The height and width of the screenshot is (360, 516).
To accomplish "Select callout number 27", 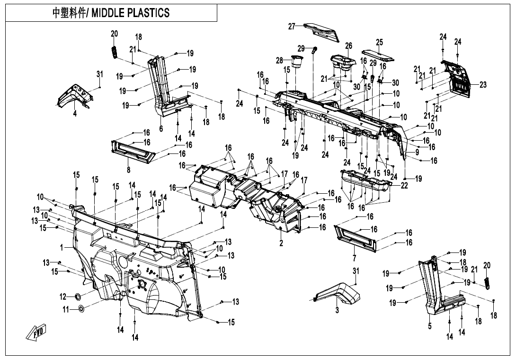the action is (292, 27).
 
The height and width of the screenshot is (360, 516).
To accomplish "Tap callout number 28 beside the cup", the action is (280, 60).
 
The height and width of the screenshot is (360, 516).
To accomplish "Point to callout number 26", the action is (349, 46).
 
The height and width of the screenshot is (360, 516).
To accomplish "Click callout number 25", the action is (379, 42).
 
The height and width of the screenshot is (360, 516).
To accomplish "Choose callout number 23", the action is (483, 85).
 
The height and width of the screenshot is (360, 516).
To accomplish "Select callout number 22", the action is (404, 186).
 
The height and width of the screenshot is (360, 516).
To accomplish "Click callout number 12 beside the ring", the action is (62, 297).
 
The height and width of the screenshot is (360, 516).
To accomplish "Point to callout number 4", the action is (75, 114).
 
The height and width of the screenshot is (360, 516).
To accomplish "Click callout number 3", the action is (337, 311).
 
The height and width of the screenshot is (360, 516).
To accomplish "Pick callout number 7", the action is (354, 258).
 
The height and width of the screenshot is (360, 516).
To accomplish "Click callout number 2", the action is (281, 243).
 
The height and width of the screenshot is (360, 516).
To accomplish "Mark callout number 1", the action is (62, 247).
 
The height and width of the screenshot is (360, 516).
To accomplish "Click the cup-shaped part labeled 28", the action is (297, 62).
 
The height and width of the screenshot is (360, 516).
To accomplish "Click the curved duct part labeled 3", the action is (340, 292).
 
